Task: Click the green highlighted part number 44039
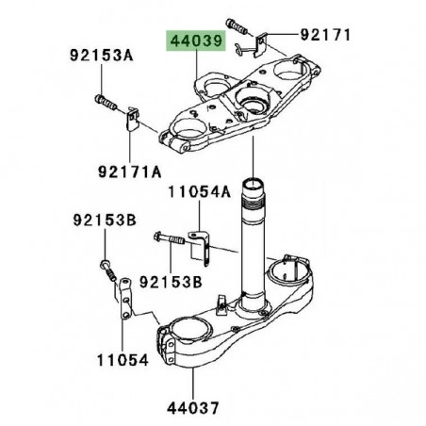(195, 42)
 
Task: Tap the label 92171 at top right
(325, 34)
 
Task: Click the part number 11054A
(200, 191)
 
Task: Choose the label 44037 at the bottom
(194, 410)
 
